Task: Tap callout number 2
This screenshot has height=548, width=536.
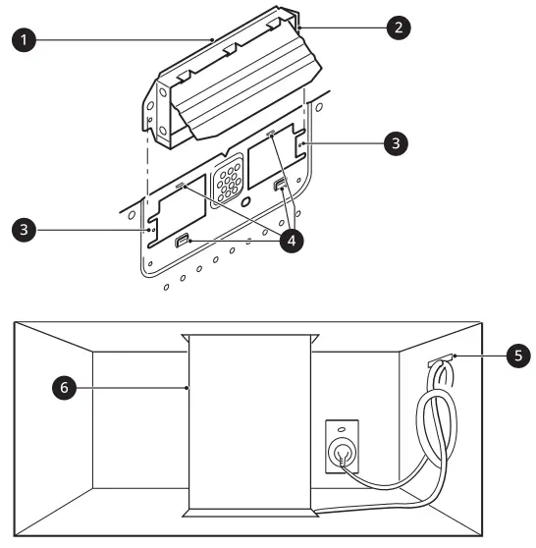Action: tap(397, 27)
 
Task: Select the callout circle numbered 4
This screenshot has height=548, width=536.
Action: tap(291, 240)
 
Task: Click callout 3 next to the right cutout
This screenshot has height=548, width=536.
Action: tap(395, 142)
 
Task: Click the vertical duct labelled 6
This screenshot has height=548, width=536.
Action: tap(249, 422)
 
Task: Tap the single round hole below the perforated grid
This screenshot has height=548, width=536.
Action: tap(245, 202)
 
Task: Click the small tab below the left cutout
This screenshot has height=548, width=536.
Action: tap(183, 241)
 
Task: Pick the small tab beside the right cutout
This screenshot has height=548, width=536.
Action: tap(282, 186)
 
